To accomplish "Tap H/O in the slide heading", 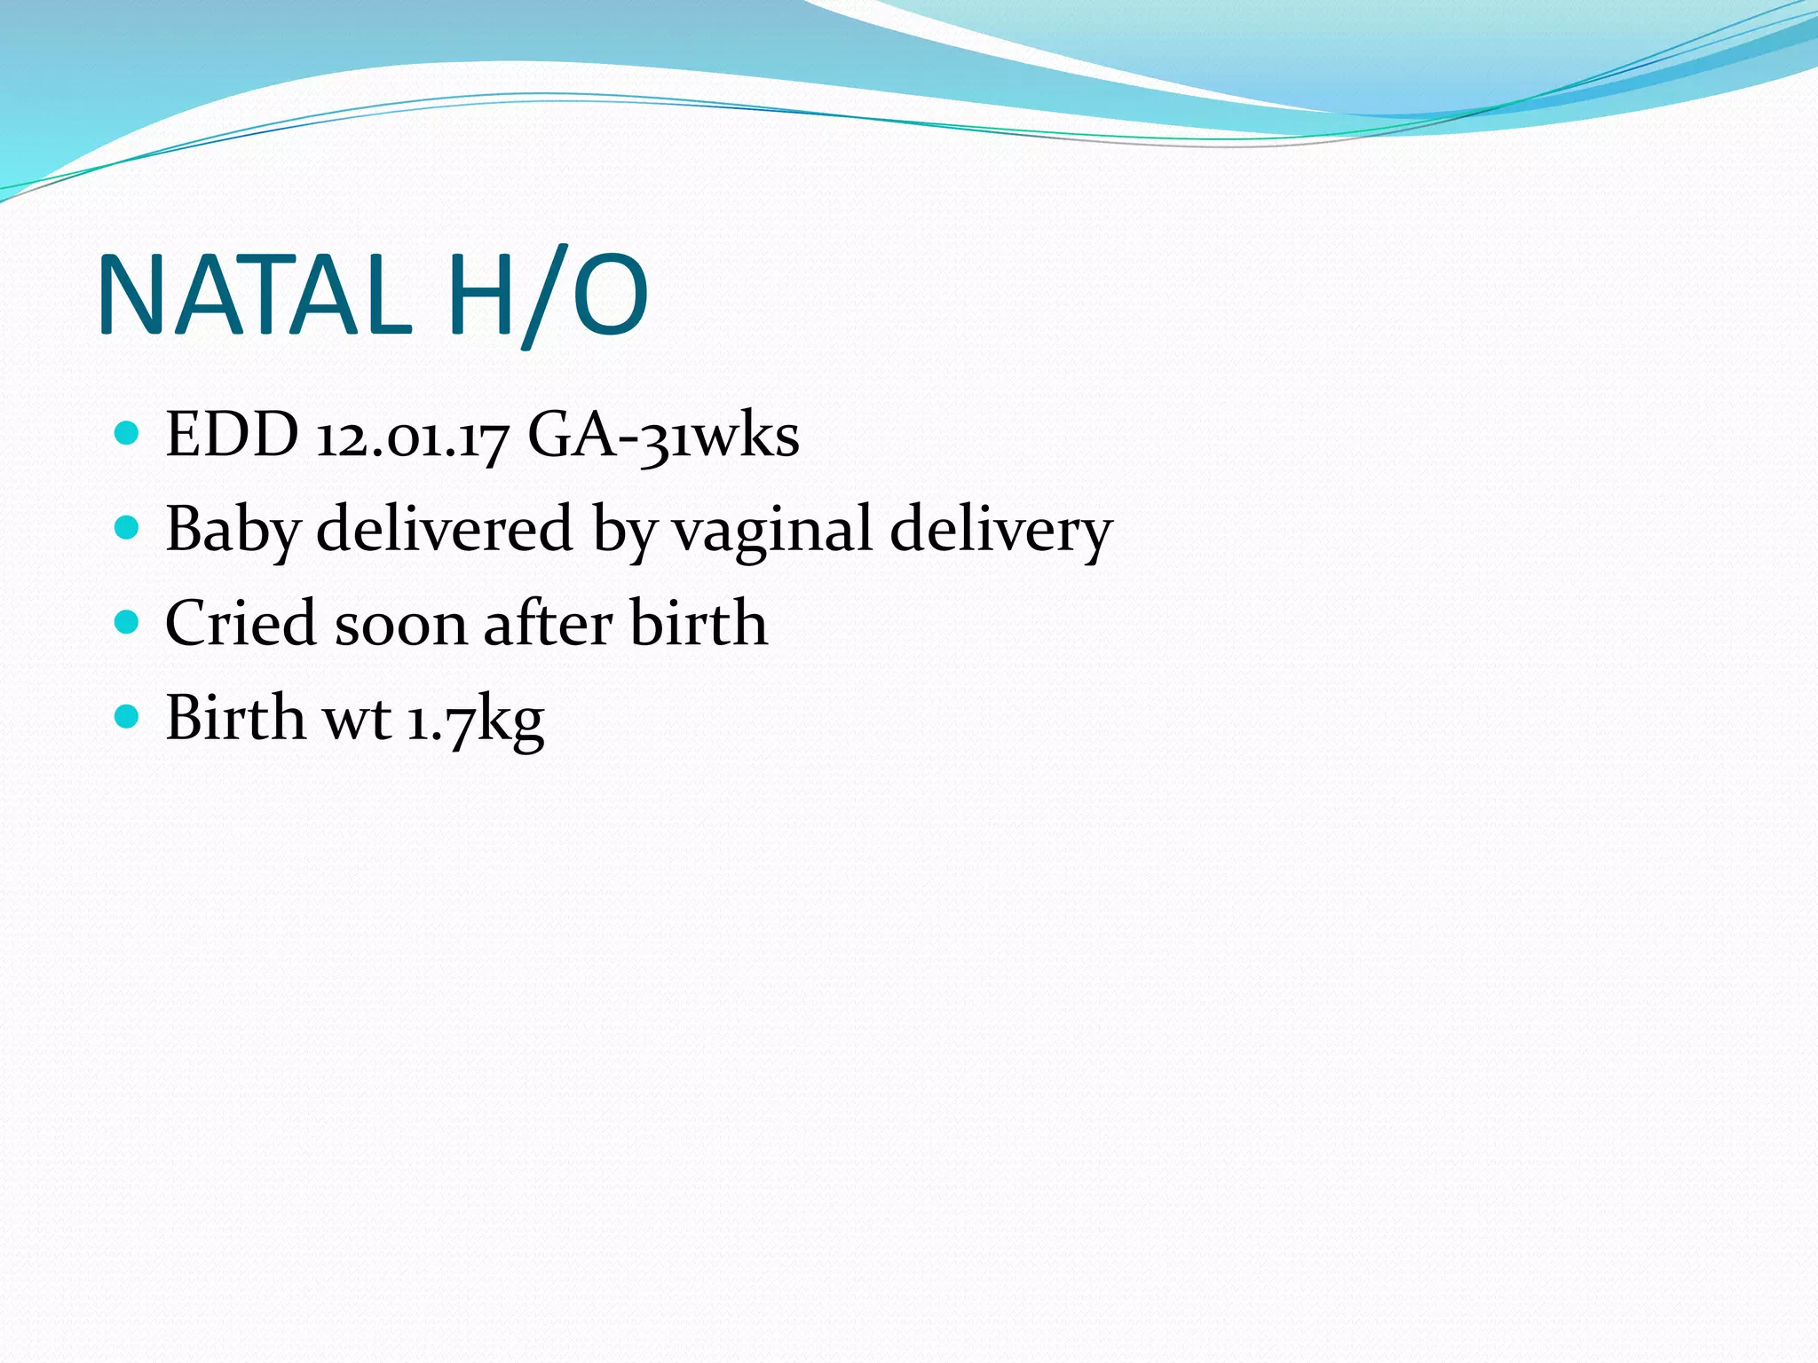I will pos(548,296).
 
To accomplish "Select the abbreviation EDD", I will pos(233,436).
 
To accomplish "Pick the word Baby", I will pos(233,531).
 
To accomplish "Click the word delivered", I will pos(445,529).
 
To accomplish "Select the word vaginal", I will pos(772,529).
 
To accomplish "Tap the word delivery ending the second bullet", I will pos(1000,531).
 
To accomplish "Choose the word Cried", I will pos(240,623).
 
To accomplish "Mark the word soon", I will pos(400,625).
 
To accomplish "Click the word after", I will pos(548,623).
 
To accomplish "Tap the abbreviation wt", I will pos(357,719).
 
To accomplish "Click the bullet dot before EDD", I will pos(128,434).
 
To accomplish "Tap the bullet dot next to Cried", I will pos(128,622).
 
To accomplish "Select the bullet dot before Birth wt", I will pos(128,716).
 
